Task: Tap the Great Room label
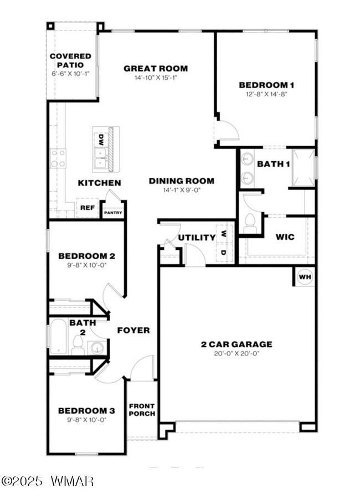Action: tap(156, 69)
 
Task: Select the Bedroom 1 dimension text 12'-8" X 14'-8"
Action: tap(266, 94)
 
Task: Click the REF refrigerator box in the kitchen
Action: tap(86, 208)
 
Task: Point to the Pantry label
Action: tap(113, 212)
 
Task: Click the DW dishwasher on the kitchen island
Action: tap(101, 138)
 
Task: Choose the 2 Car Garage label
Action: tap(236, 344)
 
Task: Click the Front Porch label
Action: tap(142, 410)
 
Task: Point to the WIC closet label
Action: tap(285, 237)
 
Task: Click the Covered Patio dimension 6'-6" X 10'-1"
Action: tap(70, 73)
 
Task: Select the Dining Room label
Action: tap(181, 181)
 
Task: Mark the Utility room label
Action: tap(197, 238)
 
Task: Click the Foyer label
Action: tap(133, 330)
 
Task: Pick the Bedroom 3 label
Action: tap(86, 410)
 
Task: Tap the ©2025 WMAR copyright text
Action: tap(48, 481)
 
